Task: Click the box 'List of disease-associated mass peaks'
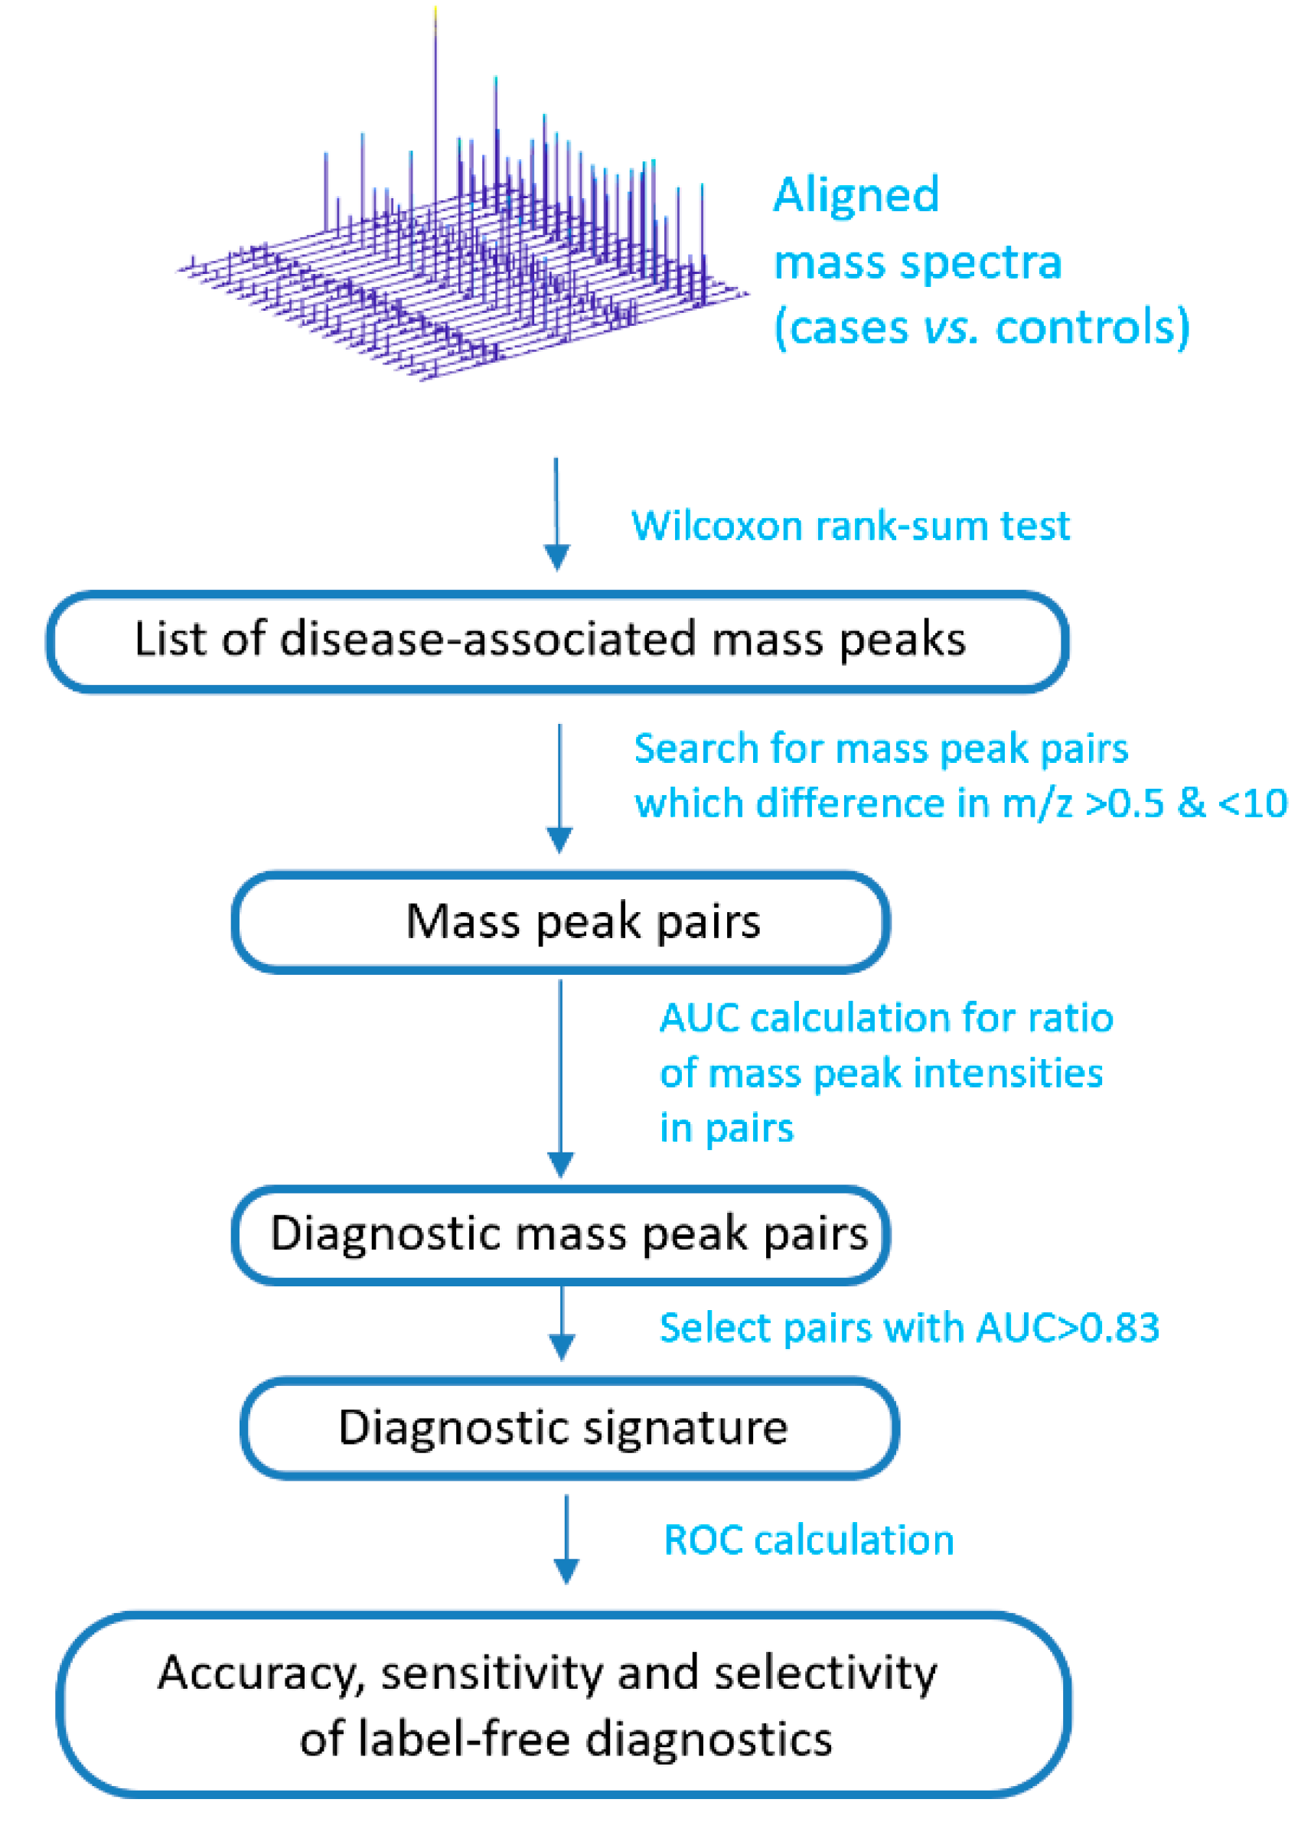(x=557, y=640)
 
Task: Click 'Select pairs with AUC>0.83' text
(x=909, y=1328)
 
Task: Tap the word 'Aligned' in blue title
(x=856, y=195)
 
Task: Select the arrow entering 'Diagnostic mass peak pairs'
(x=560, y=1077)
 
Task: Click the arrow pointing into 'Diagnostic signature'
(x=562, y=1323)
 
